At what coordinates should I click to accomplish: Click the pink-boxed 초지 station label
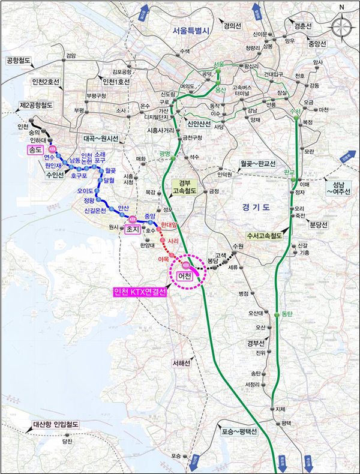coord(133,229)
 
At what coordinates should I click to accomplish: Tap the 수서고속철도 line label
coord(264,236)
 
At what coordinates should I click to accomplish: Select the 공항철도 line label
coord(18,61)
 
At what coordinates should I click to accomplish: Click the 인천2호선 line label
coord(50,81)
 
